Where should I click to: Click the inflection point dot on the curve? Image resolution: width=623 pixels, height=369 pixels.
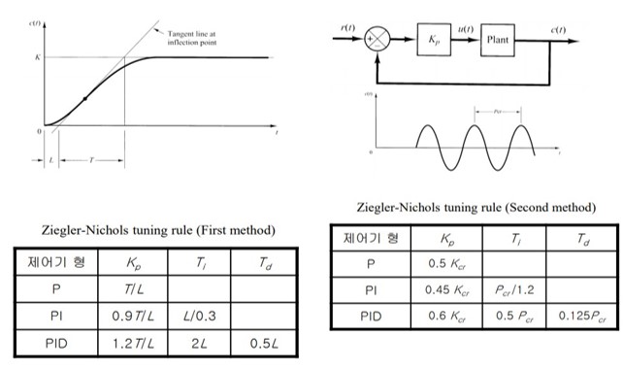pyautogui.click(x=86, y=99)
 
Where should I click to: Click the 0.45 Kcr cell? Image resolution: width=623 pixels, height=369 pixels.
pyautogui.click(x=448, y=288)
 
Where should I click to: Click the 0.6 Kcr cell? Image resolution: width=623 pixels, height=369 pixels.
pyautogui.click(x=448, y=315)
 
